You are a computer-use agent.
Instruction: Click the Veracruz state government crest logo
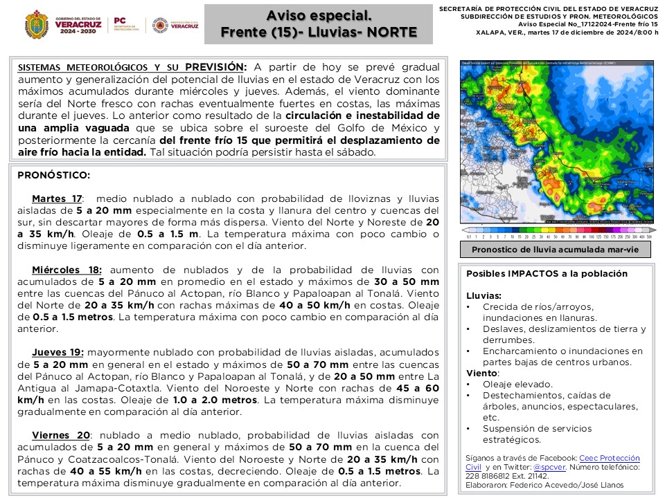click(36, 25)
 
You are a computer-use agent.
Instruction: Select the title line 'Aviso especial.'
click(319, 15)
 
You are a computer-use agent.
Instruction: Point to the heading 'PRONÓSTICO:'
click(53, 176)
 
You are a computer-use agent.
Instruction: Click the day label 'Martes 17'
click(57, 199)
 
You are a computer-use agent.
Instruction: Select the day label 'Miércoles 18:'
click(66, 270)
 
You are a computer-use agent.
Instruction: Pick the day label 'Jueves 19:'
click(58, 351)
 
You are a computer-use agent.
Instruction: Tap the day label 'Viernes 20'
click(61, 435)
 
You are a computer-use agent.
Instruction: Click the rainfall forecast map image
click(558, 142)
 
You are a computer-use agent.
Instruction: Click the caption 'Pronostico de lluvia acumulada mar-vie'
click(555, 250)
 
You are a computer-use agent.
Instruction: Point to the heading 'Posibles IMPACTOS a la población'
click(547, 274)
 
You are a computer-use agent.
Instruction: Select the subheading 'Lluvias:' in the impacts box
click(484, 295)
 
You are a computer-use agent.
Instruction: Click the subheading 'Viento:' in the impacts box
click(482, 373)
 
